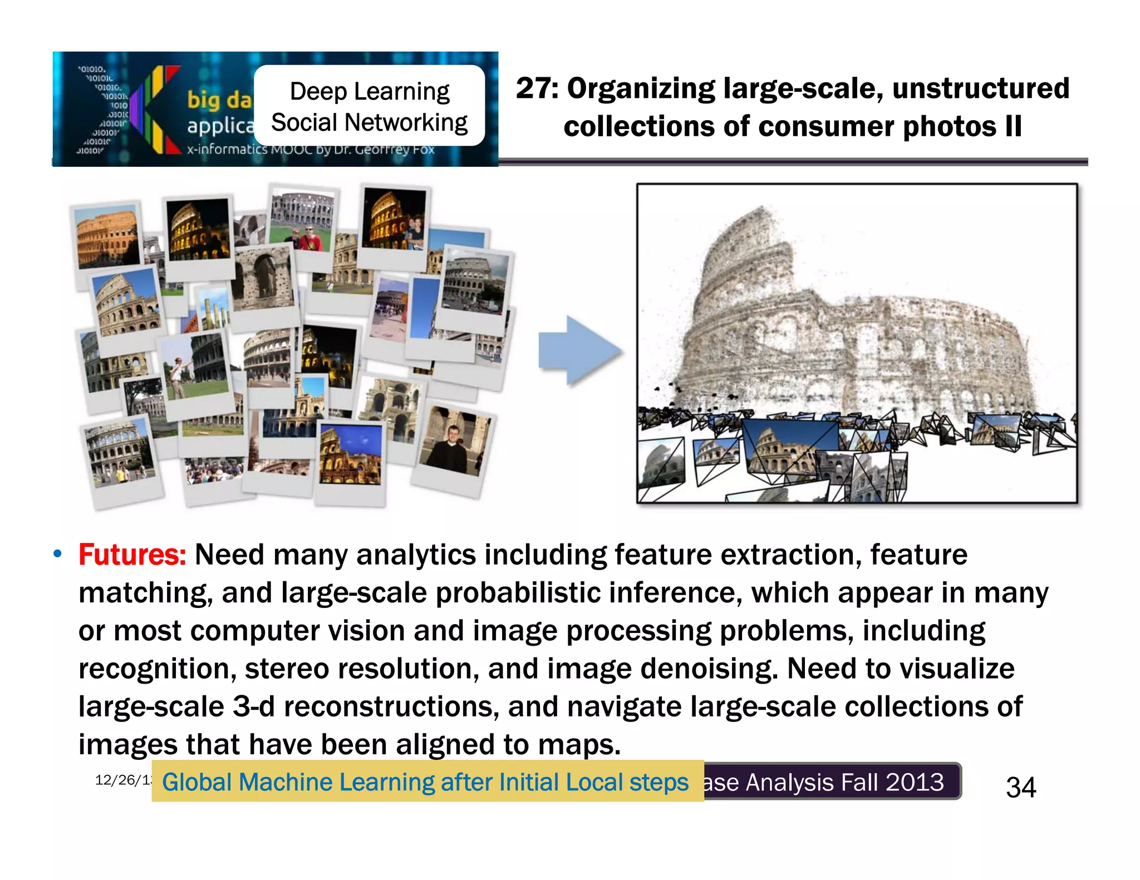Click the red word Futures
coord(132,555)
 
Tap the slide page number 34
coord(1021,788)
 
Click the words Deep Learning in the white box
coord(370,92)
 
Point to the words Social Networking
coord(370,123)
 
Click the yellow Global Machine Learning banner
coord(427,782)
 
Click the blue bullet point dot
coord(57,554)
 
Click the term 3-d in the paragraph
coord(253,706)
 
